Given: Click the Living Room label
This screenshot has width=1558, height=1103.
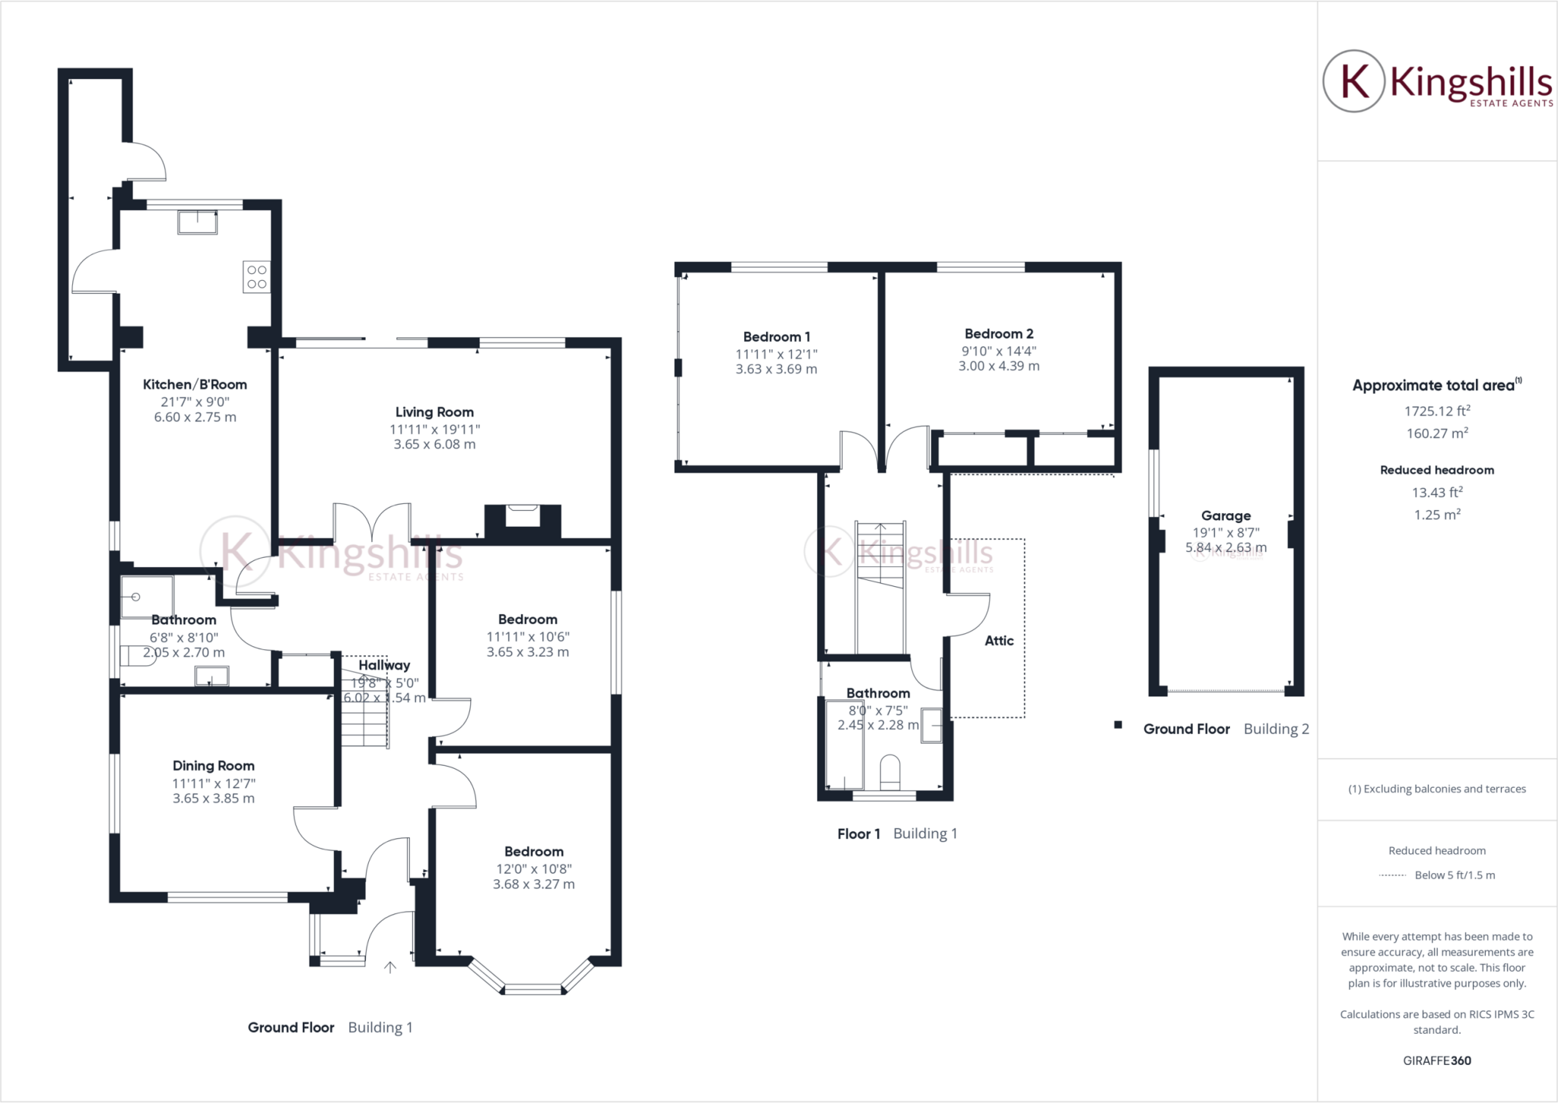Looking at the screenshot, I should tap(434, 412).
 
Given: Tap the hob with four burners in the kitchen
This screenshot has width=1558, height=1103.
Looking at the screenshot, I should tap(256, 277).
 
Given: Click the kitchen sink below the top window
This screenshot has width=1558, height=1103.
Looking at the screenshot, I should tap(197, 222).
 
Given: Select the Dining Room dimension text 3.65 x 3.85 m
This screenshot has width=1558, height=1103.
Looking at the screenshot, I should tap(213, 799).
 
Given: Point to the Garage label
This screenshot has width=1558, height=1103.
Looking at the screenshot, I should tap(1226, 515).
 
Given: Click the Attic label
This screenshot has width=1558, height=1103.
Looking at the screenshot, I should tap(999, 640).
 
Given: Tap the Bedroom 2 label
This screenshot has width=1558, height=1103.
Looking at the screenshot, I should tap(998, 333).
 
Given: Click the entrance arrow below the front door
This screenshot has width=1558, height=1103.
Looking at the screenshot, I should tap(390, 968).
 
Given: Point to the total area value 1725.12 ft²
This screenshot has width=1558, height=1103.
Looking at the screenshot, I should tap(1436, 411).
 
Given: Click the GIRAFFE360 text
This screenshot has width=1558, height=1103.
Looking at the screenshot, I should tap(1436, 1060).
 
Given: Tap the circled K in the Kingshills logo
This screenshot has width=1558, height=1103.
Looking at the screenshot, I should tap(1353, 81).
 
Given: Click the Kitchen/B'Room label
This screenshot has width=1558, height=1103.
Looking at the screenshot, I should tap(195, 384).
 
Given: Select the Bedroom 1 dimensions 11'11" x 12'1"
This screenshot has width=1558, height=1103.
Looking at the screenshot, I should tap(776, 354).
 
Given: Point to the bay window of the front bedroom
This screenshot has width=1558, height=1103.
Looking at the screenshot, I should tap(533, 987).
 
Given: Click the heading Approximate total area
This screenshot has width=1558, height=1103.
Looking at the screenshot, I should tap(1433, 385).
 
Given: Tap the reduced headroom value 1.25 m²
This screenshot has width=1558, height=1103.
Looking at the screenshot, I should tap(1436, 515).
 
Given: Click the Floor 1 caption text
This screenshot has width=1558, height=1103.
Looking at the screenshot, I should tap(858, 834).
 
